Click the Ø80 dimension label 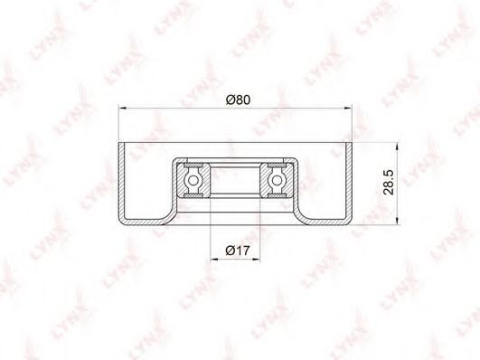click(x=238, y=99)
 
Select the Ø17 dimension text click(x=238, y=251)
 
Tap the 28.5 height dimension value click(x=389, y=183)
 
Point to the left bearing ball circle click(x=193, y=181)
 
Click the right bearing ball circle click(x=277, y=181)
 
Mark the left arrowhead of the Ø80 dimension click(x=122, y=108)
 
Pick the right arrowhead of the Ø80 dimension click(x=348, y=108)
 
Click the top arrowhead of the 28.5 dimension click(x=397, y=147)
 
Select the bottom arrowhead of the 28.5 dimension click(x=397, y=221)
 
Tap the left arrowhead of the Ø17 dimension click(x=215, y=260)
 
